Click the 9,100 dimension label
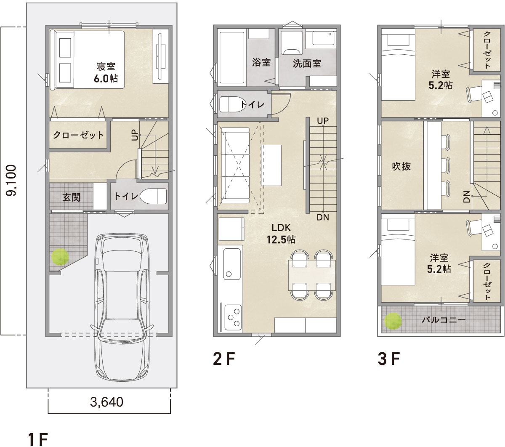click(x=11, y=180)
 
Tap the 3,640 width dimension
click(x=107, y=402)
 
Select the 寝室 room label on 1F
click(x=106, y=67)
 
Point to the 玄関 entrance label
click(x=71, y=197)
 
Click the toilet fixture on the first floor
click(x=153, y=196)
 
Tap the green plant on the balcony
click(x=393, y=321)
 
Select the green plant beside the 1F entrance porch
click(x=60, y=256)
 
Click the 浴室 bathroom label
click(x=261, y=62)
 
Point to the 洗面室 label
click(x=307, y=64)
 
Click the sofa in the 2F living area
click(x=235, y=165)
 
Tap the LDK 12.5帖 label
click(x=281, y=234)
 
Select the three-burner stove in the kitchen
click(x=234, y=317)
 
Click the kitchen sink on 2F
click(x=232, y=264)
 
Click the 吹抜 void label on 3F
click(x=401, y=166)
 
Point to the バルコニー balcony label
click(x=444, y=319)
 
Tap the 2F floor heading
click(x=224, y=359)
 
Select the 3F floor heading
click(x=388, y=359)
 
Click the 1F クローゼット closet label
click(x=78, y=135)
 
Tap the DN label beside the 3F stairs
click(x=466, y=197)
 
